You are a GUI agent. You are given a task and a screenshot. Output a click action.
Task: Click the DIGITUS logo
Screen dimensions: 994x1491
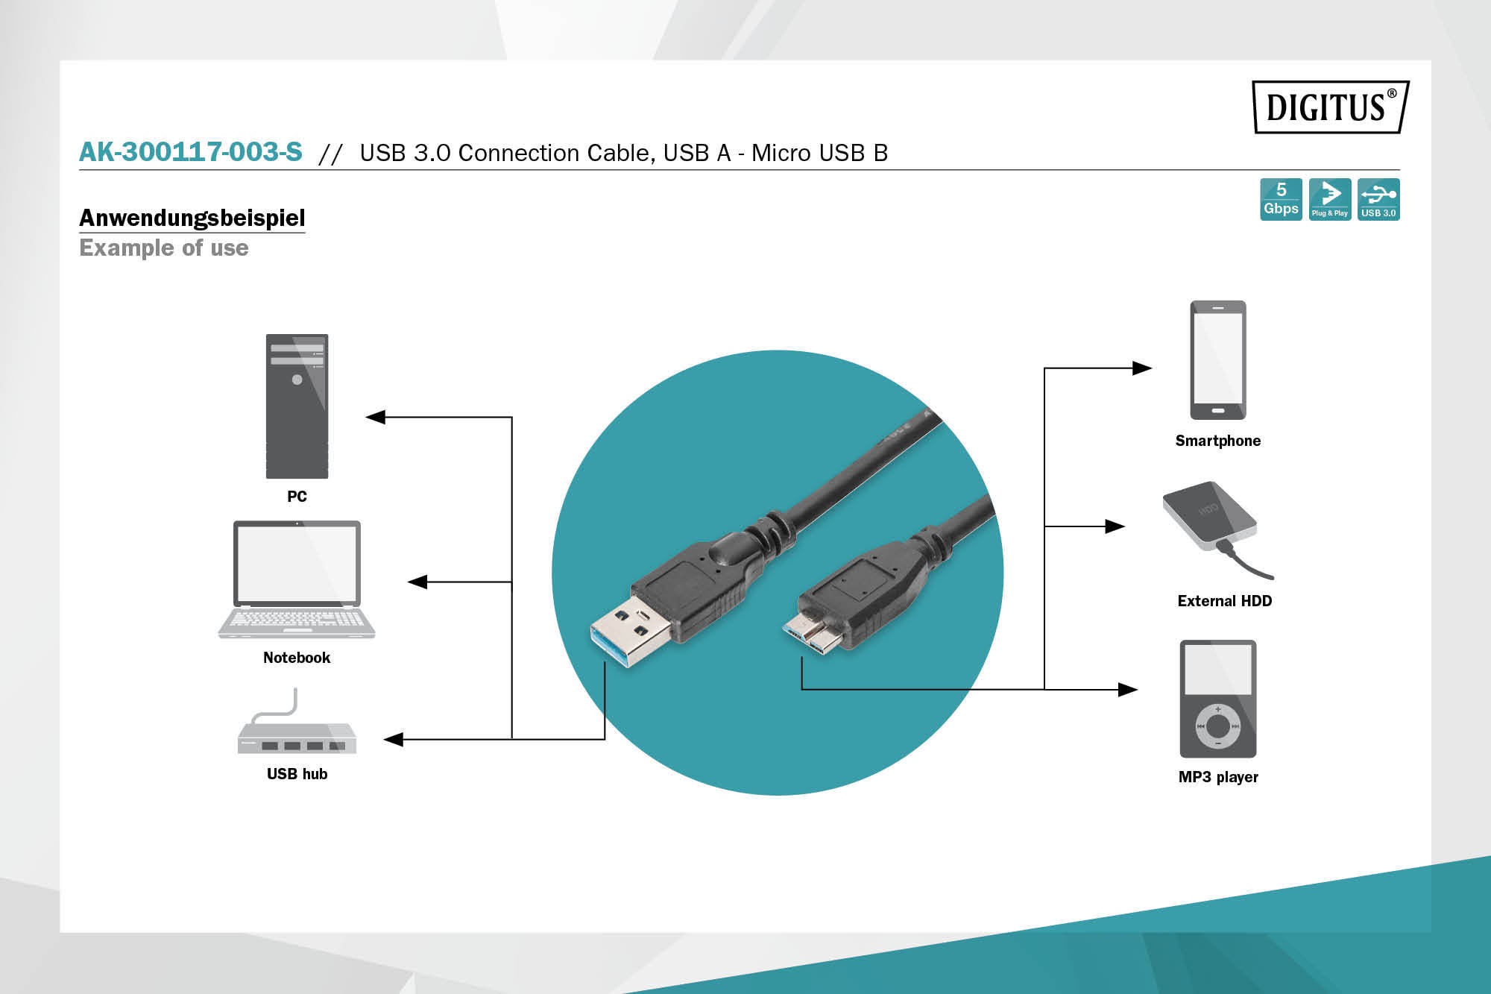[x=1330, y=107]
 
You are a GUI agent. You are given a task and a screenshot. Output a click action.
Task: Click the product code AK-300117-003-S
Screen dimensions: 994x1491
[x=191, y=152]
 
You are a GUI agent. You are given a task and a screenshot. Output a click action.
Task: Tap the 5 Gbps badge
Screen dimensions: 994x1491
[x=1281, y=199]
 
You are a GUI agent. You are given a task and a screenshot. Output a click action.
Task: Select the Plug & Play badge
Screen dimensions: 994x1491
[x=1329, y=199]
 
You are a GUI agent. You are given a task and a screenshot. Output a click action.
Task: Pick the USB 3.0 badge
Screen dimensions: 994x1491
[x=1378, y=199]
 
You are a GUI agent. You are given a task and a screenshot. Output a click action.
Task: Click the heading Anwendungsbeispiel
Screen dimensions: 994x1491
[x=192, y=218]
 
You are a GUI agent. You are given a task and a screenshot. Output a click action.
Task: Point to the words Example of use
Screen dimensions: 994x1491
[x=164, y=248]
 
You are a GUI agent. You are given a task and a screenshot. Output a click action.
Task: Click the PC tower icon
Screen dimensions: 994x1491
[x=297, y=406]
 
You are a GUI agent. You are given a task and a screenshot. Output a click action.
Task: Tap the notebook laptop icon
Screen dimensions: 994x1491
[x=297, y=579]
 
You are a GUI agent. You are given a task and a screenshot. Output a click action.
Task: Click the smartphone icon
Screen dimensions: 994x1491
[x=1217, y=360]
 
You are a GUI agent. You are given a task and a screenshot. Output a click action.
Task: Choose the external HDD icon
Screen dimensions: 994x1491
[x=1211, y=518]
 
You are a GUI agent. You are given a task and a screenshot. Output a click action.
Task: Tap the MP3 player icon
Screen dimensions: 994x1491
[x=1217, y=699]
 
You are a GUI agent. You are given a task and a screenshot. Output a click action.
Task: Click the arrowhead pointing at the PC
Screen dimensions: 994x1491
[x=375, y=417]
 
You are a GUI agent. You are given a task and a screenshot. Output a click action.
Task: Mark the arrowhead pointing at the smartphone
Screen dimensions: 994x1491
[x=1142, y=368]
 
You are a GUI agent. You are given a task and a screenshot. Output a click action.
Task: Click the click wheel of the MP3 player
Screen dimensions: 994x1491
[x=1217, y=725]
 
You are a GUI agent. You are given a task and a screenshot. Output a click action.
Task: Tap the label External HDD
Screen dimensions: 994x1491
[x=1224, y=601]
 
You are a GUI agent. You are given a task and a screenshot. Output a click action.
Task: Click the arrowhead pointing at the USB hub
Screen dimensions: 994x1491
[x=393, y=739]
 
